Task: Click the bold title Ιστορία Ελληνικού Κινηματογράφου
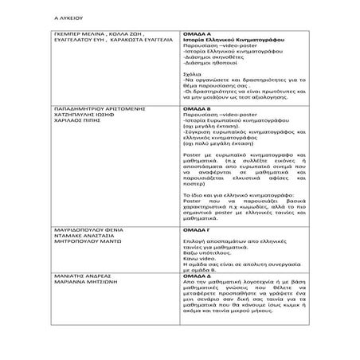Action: (x=231, y=41)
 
